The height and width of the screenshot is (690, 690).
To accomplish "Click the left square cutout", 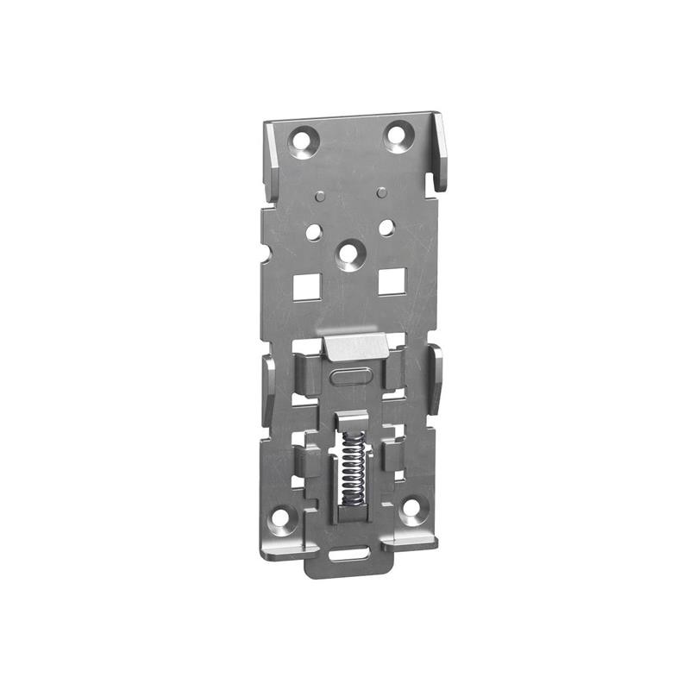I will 305,285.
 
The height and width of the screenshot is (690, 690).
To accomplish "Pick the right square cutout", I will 392,280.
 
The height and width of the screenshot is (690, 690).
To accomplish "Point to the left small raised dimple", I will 320,197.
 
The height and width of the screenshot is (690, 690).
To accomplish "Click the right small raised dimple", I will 380,191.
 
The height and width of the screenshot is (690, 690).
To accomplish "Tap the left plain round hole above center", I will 313,231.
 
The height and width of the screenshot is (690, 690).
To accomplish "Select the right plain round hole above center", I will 386,227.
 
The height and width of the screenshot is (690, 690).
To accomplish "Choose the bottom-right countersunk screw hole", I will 411,508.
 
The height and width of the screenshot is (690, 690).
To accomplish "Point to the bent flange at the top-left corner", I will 269,160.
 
